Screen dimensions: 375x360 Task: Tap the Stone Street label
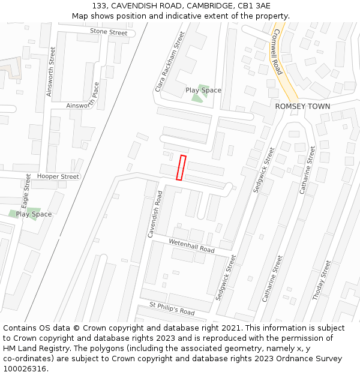pos(109,32)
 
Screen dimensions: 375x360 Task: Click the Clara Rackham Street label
pos(170,62)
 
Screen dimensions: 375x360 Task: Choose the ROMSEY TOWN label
pos(302,106)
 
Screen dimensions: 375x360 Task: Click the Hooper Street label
pos(58,177)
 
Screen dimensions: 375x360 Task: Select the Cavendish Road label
pos(155,214)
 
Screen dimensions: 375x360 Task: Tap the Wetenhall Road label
pos(191,245)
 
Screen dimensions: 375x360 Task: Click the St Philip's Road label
pos(172,308)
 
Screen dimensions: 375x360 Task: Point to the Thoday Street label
pos(322,280)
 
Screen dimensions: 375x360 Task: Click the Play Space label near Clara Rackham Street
pos(203,91)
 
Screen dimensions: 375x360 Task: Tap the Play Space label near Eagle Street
pos(34,214)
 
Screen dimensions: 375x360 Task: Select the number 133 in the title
pos(100,6)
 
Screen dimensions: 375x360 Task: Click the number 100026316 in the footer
pos(25,369)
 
